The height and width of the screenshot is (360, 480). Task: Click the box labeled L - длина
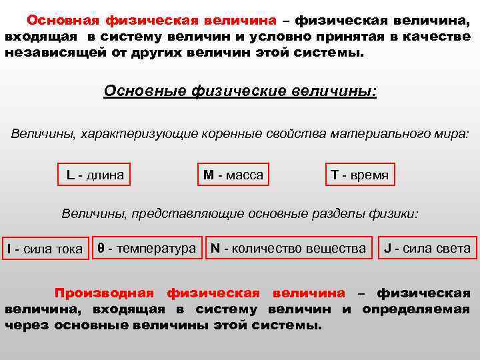tap(95, 175)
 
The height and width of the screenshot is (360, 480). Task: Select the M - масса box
tap(233, 175)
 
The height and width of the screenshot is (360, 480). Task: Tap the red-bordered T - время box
tap(359, 175)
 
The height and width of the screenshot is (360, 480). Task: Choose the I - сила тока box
tap(45, 249)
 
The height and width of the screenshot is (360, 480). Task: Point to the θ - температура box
tap(147, 249)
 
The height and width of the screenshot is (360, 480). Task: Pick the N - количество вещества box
tap(288, 249)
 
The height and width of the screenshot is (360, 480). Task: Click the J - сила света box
tap(427, 249)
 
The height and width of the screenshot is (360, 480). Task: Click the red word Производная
tap(104, 293)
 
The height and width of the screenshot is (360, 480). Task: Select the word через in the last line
tap(27, 326)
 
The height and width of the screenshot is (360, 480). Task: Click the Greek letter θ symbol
tap(101, 248)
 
